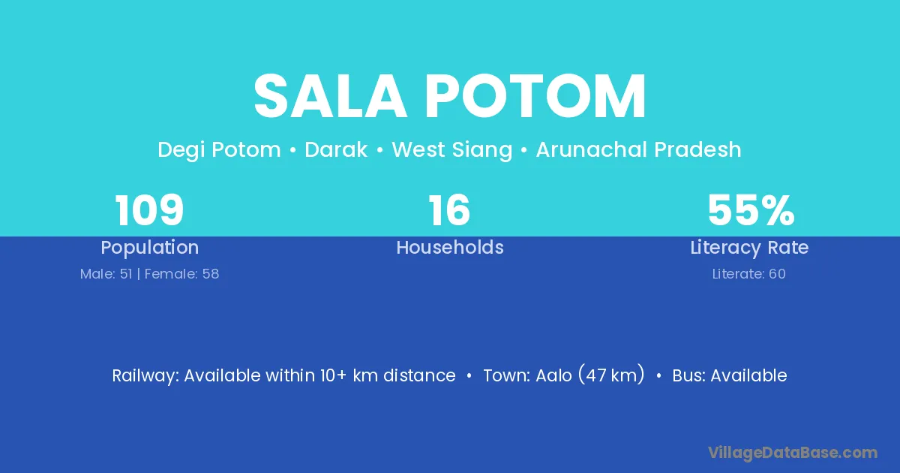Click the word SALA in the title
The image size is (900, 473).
(x=330, y=96)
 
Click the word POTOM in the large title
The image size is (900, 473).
(x=535, y=96)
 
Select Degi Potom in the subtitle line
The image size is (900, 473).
(x=219, y=149)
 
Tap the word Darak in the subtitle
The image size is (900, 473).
(x=336, y=149)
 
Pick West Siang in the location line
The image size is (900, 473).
(x=452, y=149)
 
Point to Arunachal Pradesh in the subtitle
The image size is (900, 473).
(x=638, y=149)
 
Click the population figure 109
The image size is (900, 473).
(x=149, y=210)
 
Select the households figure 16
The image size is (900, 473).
(x=449, y=210)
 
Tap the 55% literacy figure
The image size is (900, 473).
(x=751, y=210)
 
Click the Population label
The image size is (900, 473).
(x=150, y=248)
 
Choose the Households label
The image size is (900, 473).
(x=450, y=247)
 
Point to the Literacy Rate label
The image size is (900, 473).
(x=749, y=248)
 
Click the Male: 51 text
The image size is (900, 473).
(x=106, y=274)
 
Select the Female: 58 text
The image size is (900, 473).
(x=181, y=274)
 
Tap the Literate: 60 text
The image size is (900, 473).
(x=749, y=274)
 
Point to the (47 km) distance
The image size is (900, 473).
(x=611, y=375)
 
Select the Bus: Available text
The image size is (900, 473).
(x=730, y=375)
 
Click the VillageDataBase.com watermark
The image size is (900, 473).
(x=793, y=453)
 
